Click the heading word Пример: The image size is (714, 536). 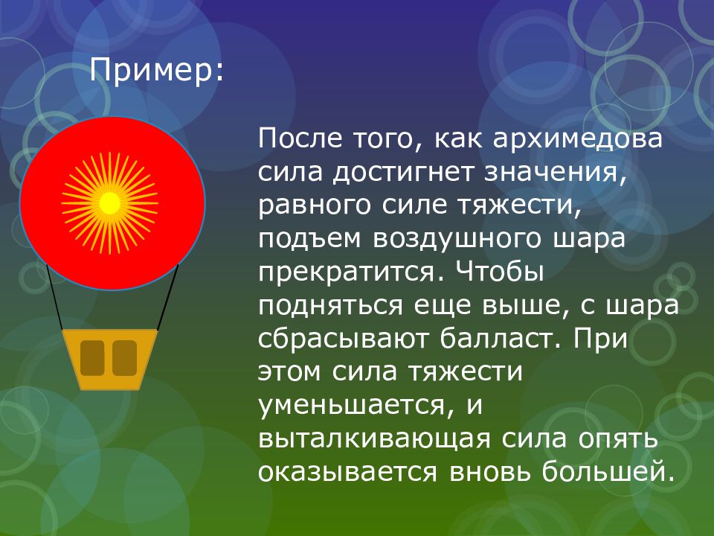[155, 71]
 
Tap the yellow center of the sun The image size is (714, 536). [110, 202]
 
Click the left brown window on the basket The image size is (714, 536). [92, 357]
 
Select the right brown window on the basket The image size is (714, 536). [124, 357]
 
